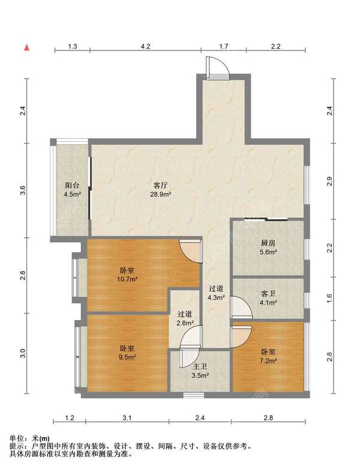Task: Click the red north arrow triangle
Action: coord(27,47)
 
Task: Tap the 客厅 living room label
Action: coord(160,185)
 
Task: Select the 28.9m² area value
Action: coord(161,195)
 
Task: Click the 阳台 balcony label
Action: coord(72,185)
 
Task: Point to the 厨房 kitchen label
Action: coord(268,243)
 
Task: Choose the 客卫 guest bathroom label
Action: coord(268,294)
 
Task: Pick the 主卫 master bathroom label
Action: coord(200,366)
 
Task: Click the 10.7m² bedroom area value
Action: coord(127,279)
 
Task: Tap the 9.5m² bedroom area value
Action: coord(127,358)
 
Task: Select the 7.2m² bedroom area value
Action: coord(268,360)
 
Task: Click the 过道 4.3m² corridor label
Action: coord(217,293)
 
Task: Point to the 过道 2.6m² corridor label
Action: coord(185,319)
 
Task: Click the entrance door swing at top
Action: coord(217,68)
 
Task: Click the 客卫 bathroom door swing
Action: coord(242,307)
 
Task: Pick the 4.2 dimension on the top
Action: coord(146,46)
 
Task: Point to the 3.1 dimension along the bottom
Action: coord(127,418)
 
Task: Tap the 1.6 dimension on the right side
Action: coord(329,298)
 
